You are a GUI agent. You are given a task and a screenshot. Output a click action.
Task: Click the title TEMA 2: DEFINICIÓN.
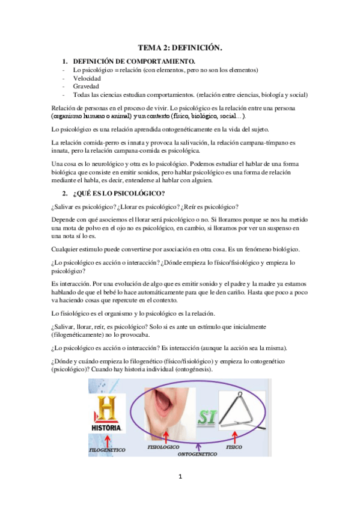[180, 48]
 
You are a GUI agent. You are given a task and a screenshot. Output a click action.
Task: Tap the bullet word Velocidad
[87, 78]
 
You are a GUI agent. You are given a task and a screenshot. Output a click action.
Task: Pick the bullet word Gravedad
[87, 87]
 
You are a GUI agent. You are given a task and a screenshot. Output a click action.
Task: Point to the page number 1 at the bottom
[180, 477]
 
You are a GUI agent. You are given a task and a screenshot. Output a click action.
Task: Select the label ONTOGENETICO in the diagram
[197, 455]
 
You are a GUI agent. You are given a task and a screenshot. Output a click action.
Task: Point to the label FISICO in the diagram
[234, 447]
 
